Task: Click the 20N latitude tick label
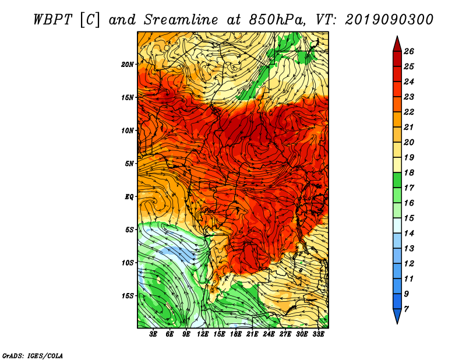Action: [x=128, y=65]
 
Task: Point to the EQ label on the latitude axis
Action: [x=129, y=197]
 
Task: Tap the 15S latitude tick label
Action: [x=128, y=296]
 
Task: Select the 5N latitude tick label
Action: [x=129, y=164]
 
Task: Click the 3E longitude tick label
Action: [x=153, y=334]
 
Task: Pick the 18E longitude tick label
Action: [x=236, y=334]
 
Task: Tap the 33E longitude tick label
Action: [x=318, y=334]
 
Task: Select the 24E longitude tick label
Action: [x=269, y=334]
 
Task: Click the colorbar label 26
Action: [x=409, y=51]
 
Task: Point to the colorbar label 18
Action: [x=409, y=172]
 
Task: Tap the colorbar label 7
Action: [x=406, y=309]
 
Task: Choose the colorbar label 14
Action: [x=409, y=234]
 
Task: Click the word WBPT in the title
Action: [x=52, y=20]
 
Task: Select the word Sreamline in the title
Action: [x=181, y=20]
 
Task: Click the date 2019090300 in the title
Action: [x=389, y=20]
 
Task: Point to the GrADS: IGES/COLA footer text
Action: [x=33, y=356]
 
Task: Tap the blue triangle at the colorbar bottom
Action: [x=397, y=315]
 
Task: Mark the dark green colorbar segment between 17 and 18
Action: [x=397, y=181]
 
